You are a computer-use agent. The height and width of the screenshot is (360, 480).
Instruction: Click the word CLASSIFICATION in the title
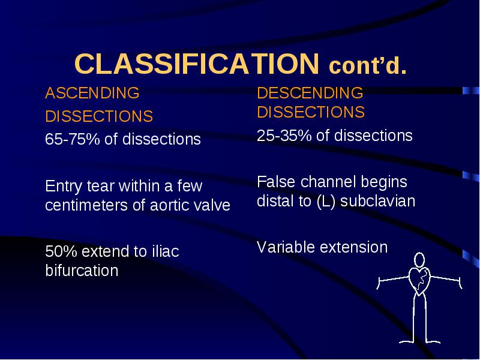(x=197, y=64)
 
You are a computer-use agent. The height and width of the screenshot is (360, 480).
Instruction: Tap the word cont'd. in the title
(x=368, y=66)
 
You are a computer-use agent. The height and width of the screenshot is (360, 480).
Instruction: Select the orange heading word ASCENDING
(x=92, y=93)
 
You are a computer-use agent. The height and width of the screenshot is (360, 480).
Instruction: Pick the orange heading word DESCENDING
(x=310, y=93)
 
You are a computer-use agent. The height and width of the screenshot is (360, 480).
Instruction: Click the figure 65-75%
(x=72, y=139)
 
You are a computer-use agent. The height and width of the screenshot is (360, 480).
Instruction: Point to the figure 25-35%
(x=284, y=136)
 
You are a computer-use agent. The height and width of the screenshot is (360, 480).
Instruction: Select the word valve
(x=213, y=205)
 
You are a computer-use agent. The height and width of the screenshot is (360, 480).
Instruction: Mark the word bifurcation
(x=82, y=271)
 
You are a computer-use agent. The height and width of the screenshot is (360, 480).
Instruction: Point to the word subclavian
(x=378, y=201)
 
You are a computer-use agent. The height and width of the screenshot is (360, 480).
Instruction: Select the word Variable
(x=286, y=247)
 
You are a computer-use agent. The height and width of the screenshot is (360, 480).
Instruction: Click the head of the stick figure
(x=419, y=260)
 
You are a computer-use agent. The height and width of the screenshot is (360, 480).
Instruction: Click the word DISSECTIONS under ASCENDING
(x=99, y=116)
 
